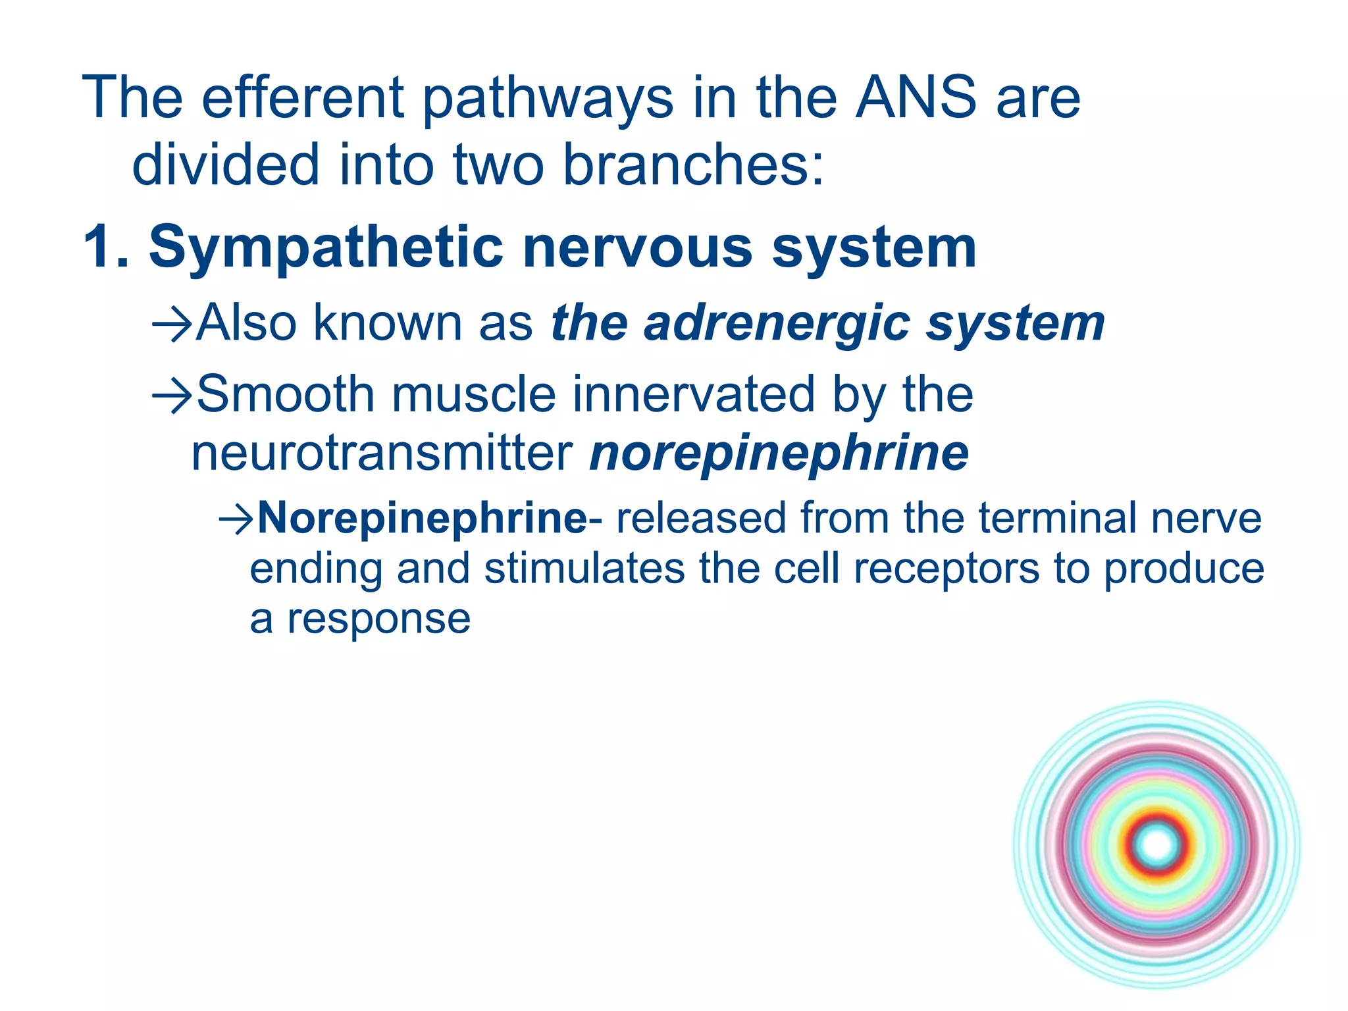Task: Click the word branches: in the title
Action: [x=694, y=165]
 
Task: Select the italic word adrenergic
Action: [x=777, y=324]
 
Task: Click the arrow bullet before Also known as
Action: [x=172, y=324]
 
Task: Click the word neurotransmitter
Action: [x=382, y=454]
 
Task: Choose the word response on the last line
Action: [x=378, y=619]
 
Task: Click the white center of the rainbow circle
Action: [x=1157, y=845]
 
